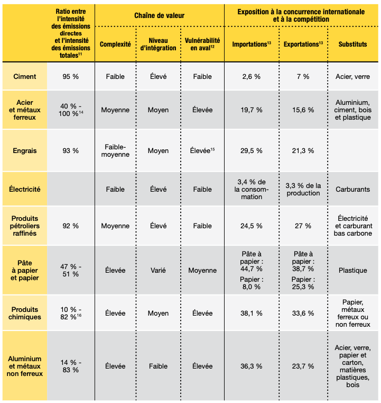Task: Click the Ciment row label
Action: coord(25,77)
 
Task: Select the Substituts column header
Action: coord(352,44)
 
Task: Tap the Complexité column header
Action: coord(115,44)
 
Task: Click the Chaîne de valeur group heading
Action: coord(159,15)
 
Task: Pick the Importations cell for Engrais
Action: coord(251,150)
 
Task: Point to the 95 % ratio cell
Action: coord(70,77)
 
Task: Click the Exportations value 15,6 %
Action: coord(303,110)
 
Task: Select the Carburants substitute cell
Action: coord(352,190)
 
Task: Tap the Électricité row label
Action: coord(25,190)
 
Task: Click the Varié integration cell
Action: coord(158,271)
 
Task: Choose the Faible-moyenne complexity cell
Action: coord(115,150)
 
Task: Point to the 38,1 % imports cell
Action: coord(251,314)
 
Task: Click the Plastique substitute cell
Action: coord(352,271)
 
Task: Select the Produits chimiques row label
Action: coord(25,314)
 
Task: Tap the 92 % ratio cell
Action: coord(70,226)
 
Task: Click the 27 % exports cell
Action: coord(303,226)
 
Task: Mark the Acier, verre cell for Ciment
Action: coord(352,77)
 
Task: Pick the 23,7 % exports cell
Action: coord(303,366)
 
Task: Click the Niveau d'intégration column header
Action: coord(158,44)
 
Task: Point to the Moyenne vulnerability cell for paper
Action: coord(202,271)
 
